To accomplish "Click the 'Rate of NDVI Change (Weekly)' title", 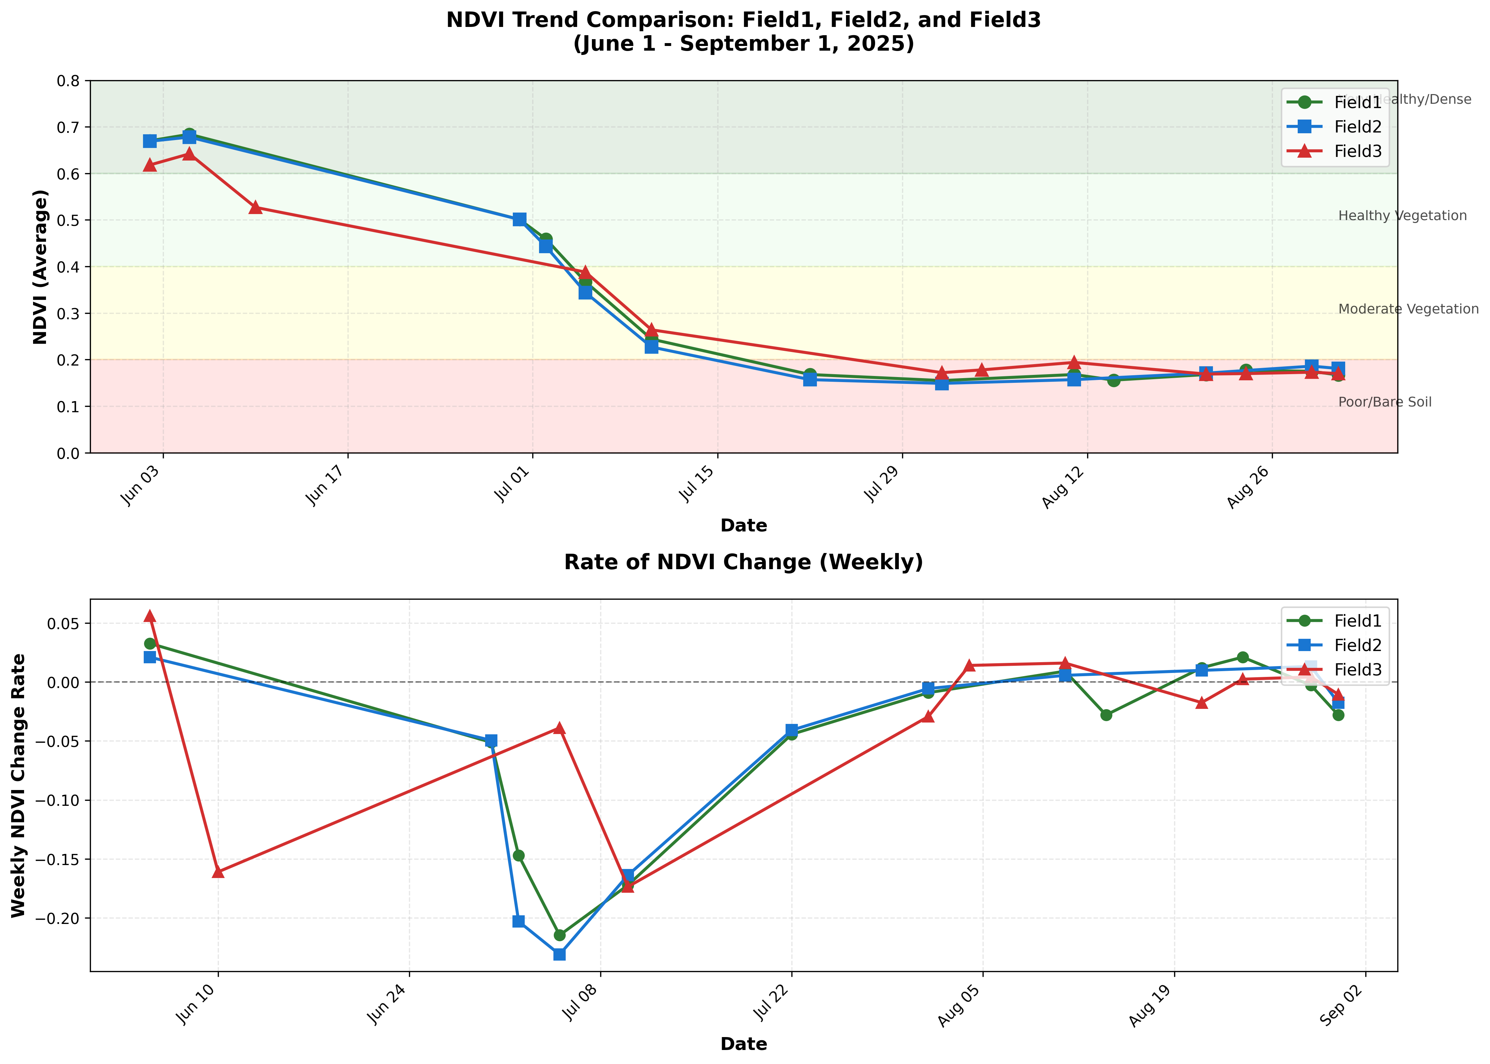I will coord(743,562).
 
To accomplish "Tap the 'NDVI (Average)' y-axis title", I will coord(41,267).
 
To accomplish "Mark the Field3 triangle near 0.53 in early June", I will coord(256,208).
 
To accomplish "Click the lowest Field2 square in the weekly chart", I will coord(559,954).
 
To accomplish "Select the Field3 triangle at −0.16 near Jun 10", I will coord(218,872).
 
